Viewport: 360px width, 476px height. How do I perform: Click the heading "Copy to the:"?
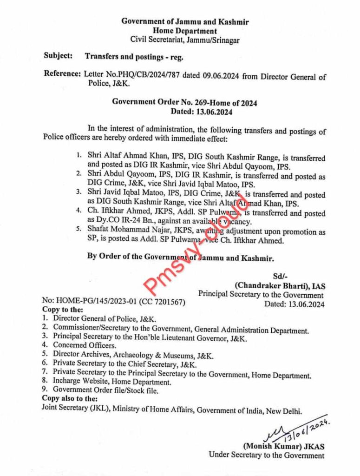point(63,310)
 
